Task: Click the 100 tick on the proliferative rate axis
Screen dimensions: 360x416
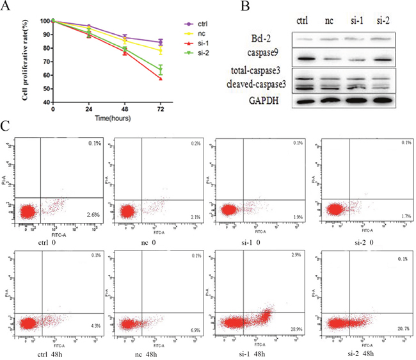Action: click(x=45, y=21)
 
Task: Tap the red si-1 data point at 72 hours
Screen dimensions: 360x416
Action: click(x=161, y=78)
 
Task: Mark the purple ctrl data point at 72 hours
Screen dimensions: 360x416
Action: click(x=161, y=42)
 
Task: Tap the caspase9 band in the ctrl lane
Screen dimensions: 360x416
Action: click(x=305, y=60)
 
